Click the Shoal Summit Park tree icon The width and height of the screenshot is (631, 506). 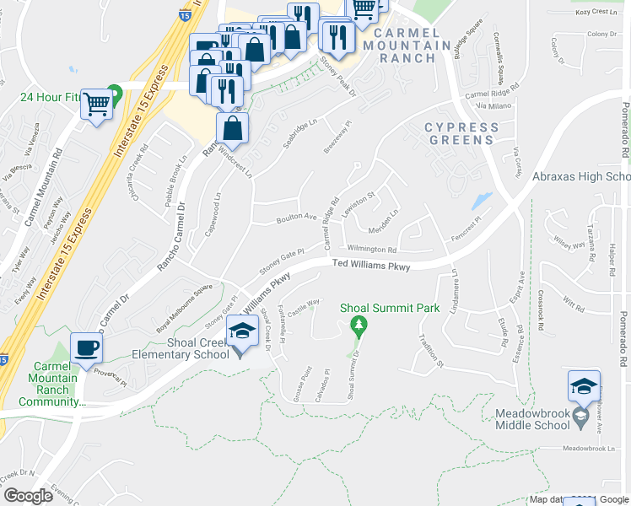[359, 325]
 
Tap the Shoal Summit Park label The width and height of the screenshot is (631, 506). [390, 309]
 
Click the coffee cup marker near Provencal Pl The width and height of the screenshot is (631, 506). [86, 348]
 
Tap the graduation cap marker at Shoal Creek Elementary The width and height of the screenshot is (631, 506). [242, 332]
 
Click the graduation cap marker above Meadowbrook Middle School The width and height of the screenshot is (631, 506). [584, 387]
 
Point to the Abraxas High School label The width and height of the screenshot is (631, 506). [581, 177]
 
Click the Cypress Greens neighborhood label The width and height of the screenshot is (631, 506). [461, 133]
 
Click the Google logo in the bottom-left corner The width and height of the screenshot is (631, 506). [29, 496]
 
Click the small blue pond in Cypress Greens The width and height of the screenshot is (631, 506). [482, 201]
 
